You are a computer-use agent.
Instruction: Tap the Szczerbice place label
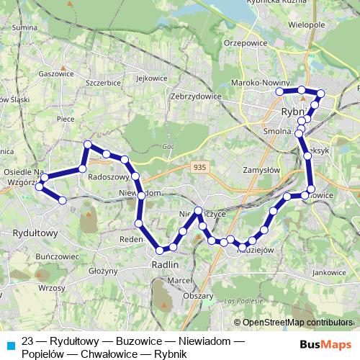pyautogui.click(x=102, y=83)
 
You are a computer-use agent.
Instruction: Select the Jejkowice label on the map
pyautogui.click(x=150, y=78)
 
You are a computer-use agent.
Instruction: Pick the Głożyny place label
pyautogui.click(x=105, y=271)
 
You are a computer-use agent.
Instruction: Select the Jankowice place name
pyautogui.click(x=330, y=272)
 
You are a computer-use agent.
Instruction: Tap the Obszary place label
pyautogui.click(x=198, y=295)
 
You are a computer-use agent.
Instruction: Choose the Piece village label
pyautogui.click(x=66, y=120)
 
